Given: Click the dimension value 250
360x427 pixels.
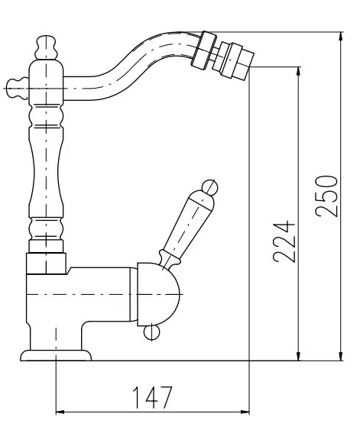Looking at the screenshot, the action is coord(326,196).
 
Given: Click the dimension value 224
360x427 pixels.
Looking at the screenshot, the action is coord(284,241).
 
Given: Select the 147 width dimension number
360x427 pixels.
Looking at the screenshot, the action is coord(152,397).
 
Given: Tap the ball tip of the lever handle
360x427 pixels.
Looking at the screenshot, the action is coord(209,187).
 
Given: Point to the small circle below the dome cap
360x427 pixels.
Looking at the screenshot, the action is coord(151,332).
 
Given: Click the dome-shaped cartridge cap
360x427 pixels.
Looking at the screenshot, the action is coord(158,294).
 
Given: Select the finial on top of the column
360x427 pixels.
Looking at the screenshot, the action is coord(47,47).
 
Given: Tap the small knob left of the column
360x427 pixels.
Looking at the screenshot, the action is coord(17,88).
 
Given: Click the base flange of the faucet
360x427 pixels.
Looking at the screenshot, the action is coord(56,355).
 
